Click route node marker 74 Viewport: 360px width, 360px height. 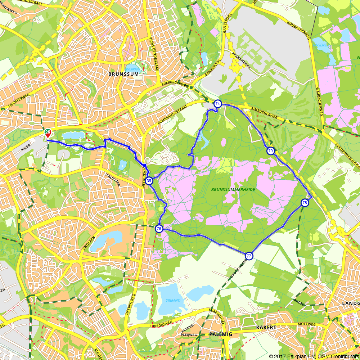[x=217, y=104]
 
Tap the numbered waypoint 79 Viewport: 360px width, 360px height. [x=270, y=151]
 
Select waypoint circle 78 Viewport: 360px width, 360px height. [x=305, y=203]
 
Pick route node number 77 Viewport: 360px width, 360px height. [x=249, y=256]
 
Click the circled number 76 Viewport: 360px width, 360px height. [x=159, y=229]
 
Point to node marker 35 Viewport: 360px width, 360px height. [x=149, y=181]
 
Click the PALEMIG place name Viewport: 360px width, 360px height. [x=220, y=334]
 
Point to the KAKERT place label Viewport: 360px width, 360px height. [x=266, y=328]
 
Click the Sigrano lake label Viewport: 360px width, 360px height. [x=173, y=300]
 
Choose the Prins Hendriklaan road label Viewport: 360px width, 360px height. [x=152, y=50]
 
